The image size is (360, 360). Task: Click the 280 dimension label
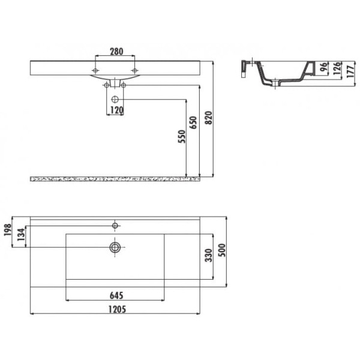pos(116,52)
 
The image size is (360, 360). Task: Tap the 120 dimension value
pos(116,110)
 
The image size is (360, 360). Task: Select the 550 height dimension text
pos(182,136)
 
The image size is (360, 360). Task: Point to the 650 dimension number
pos(194,123)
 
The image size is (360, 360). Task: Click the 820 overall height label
pos(208,118)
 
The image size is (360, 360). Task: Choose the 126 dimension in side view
pos(337,68)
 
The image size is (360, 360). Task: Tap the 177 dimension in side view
pos(350,71)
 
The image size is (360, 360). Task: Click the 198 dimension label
pos(8,230)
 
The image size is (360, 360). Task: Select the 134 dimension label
pos(21,235)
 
